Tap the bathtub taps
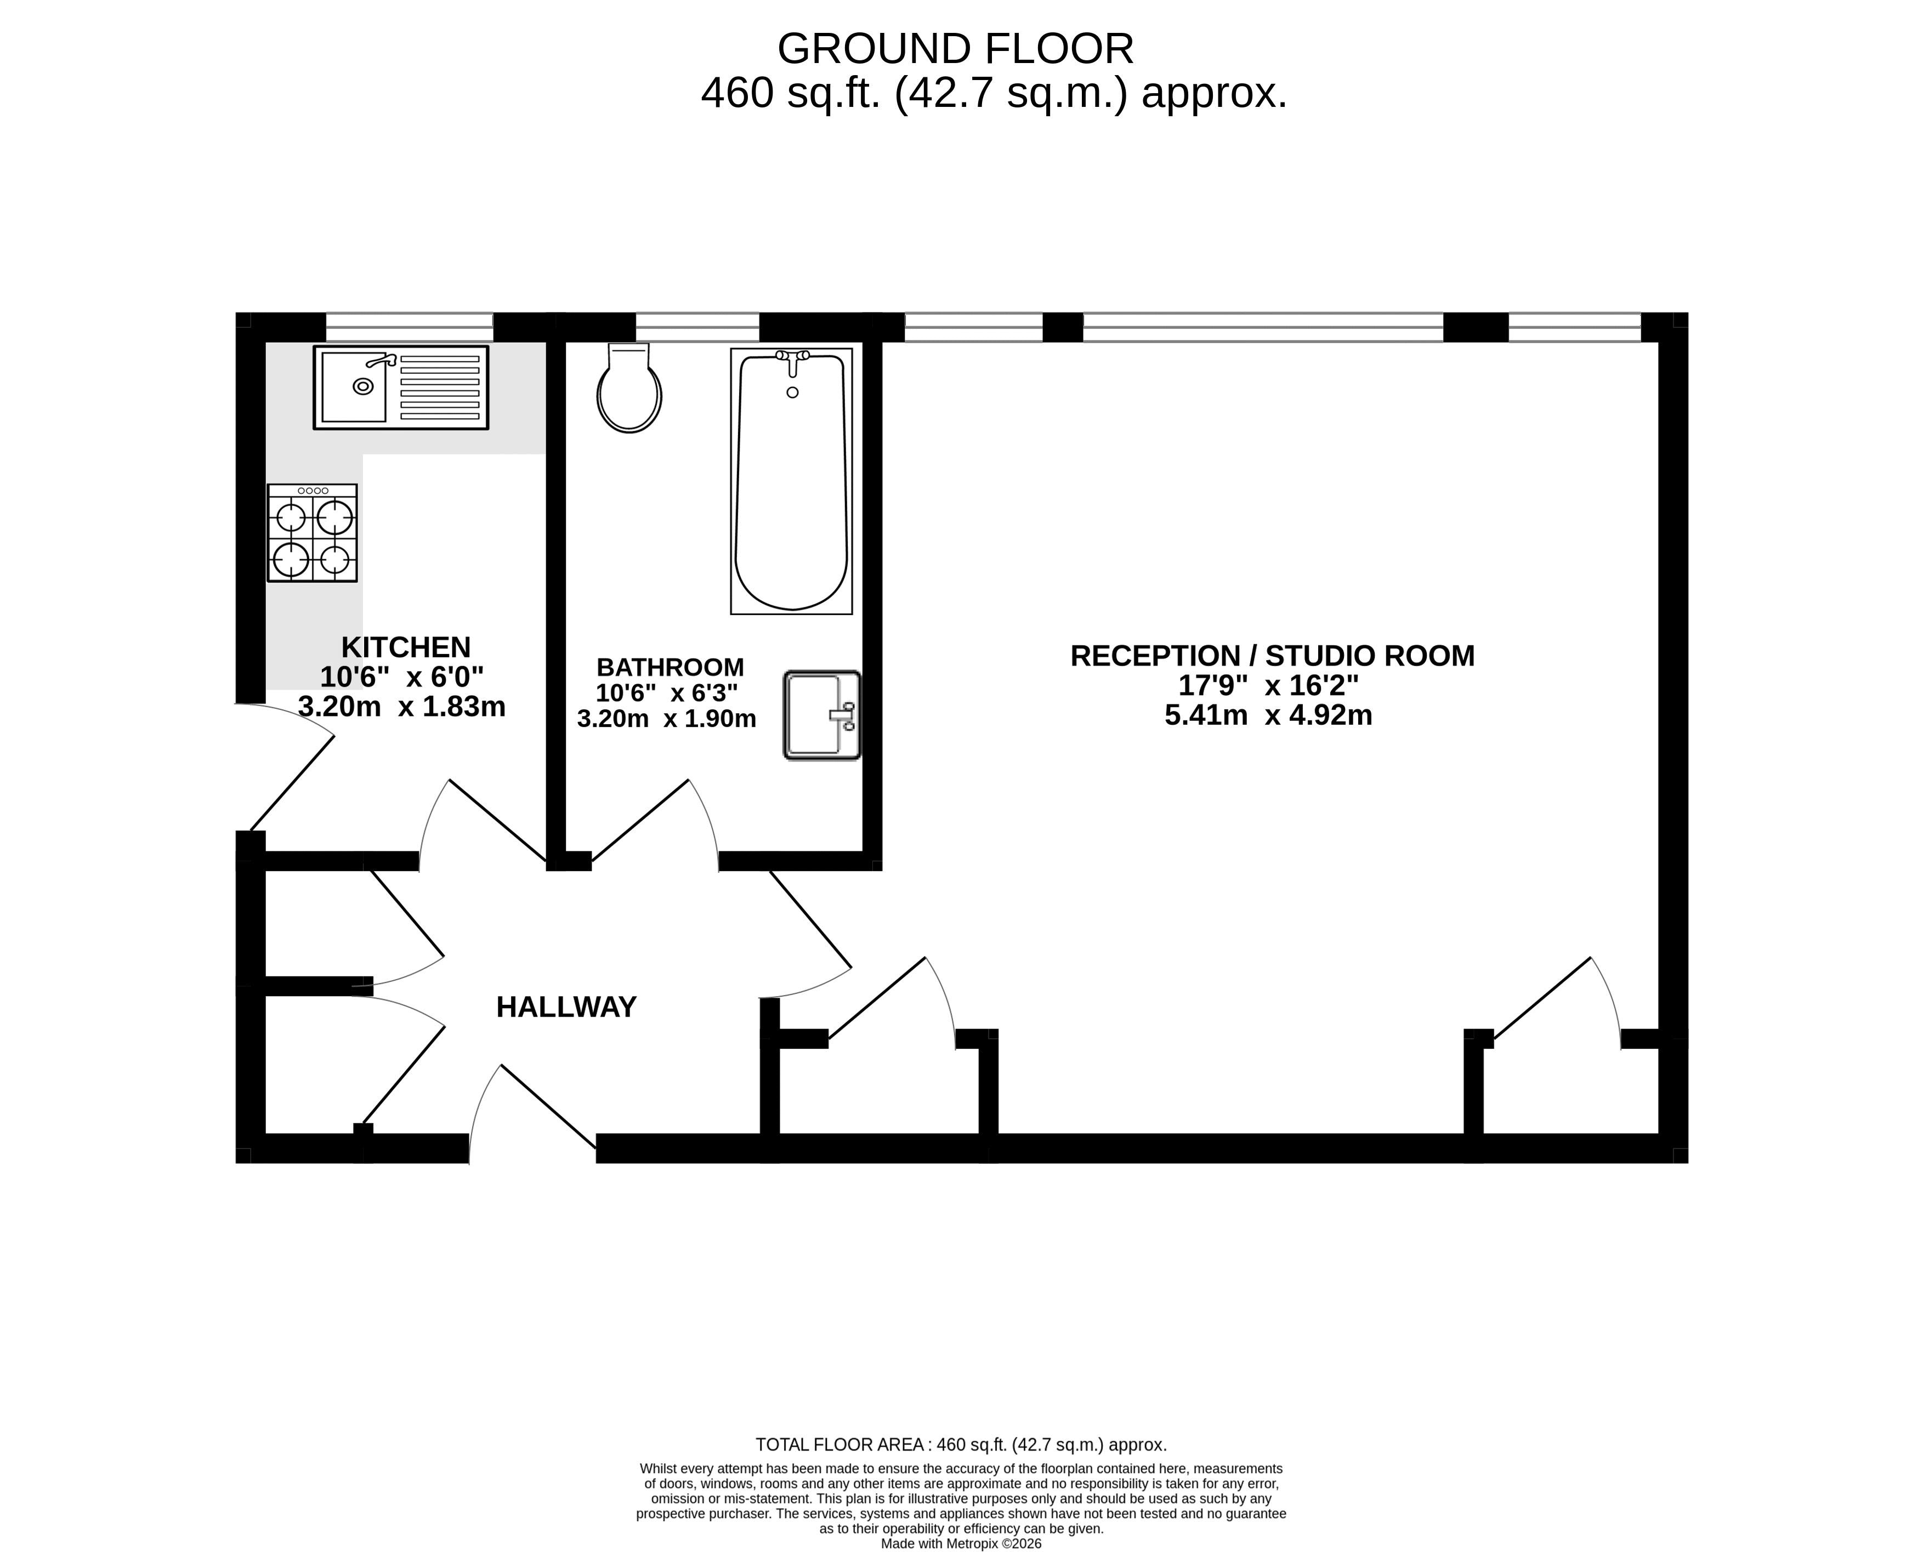[x=792, y=360]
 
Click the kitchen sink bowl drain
[x=363, y=386]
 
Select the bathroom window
[x=697, y=327]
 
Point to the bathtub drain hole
[x=792, y=393]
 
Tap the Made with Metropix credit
[x=961, y=1543]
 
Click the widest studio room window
[x=1263, y=327]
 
